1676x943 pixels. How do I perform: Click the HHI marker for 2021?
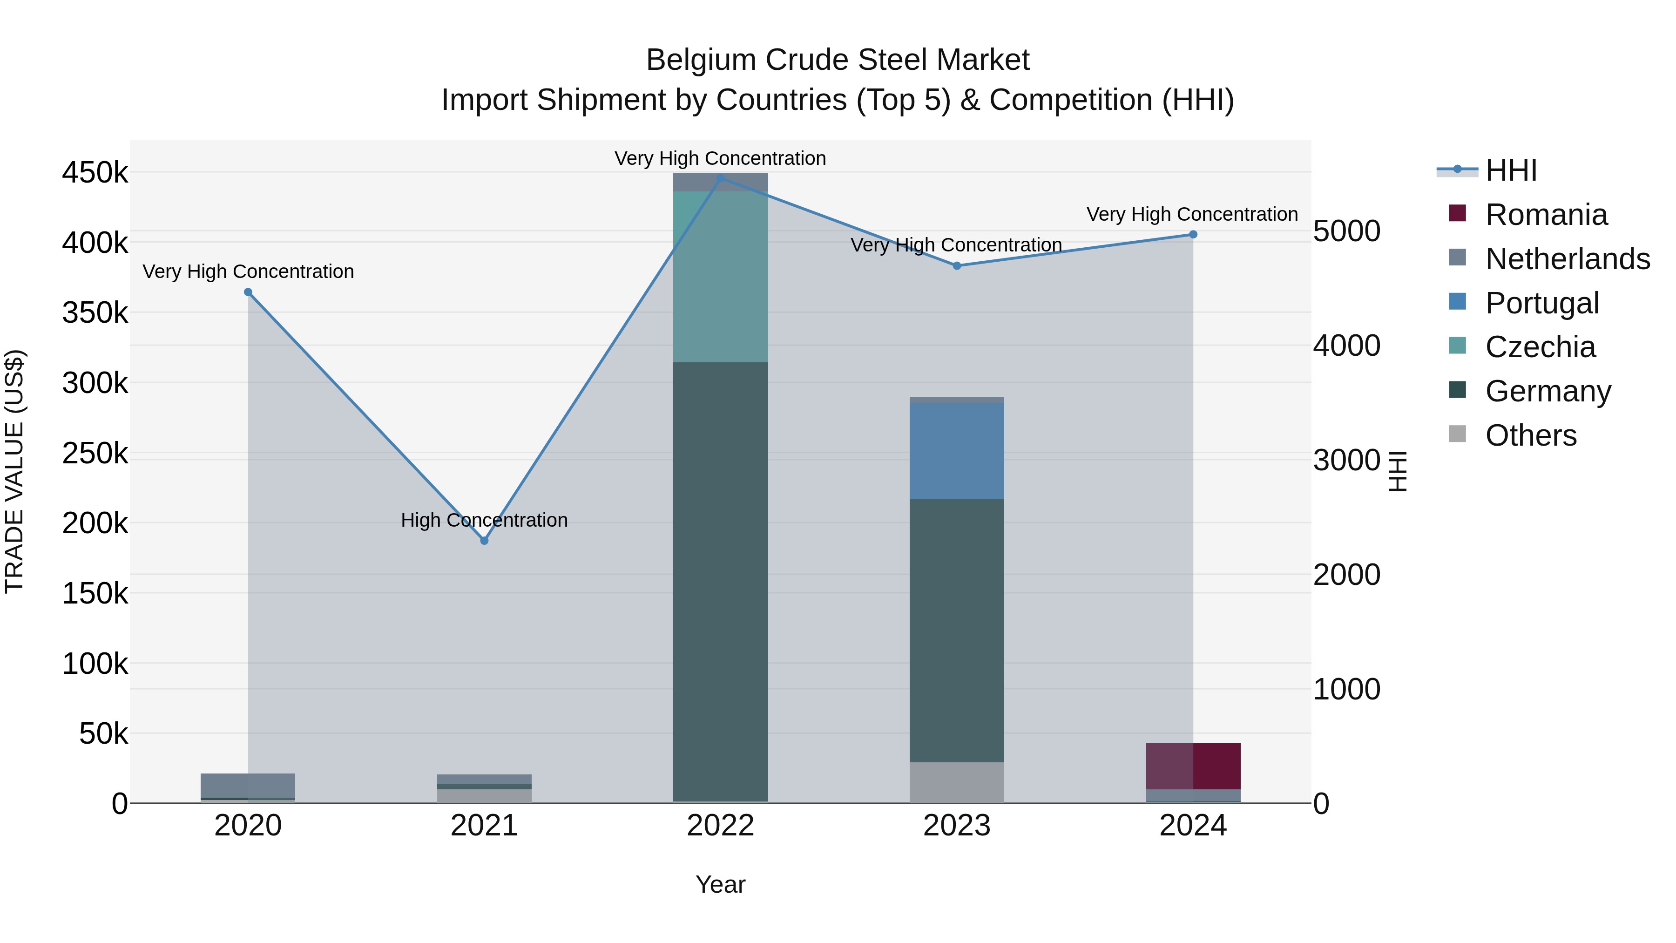[x=484, y=540]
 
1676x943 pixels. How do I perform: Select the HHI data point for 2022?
[x=720, y=178]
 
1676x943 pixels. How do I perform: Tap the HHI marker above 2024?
[x=1193, y=234]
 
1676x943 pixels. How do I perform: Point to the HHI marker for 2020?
[x=248, y=292]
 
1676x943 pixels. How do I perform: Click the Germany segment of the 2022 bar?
[x=720, y=579]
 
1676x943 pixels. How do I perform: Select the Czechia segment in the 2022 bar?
[x=720, y=277]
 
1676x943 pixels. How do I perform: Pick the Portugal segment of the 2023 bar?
[x=956, y=450]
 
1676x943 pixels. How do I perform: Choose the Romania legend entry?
[x=1546, y=215]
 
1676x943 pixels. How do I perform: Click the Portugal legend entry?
[x=1541, y=303]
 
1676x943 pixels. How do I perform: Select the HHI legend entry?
[x=1511, y=170]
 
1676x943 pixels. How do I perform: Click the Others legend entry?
[x=1530, y=435]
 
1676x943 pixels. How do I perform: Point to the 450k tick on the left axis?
[x=95, y=173]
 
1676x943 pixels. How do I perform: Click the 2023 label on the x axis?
[x=956, y=826]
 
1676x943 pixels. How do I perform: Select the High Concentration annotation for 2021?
[x=484, y=520]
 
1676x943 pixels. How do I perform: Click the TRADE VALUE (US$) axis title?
[x=14, y=471]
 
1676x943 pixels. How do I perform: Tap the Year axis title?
[x=720, y=884]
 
